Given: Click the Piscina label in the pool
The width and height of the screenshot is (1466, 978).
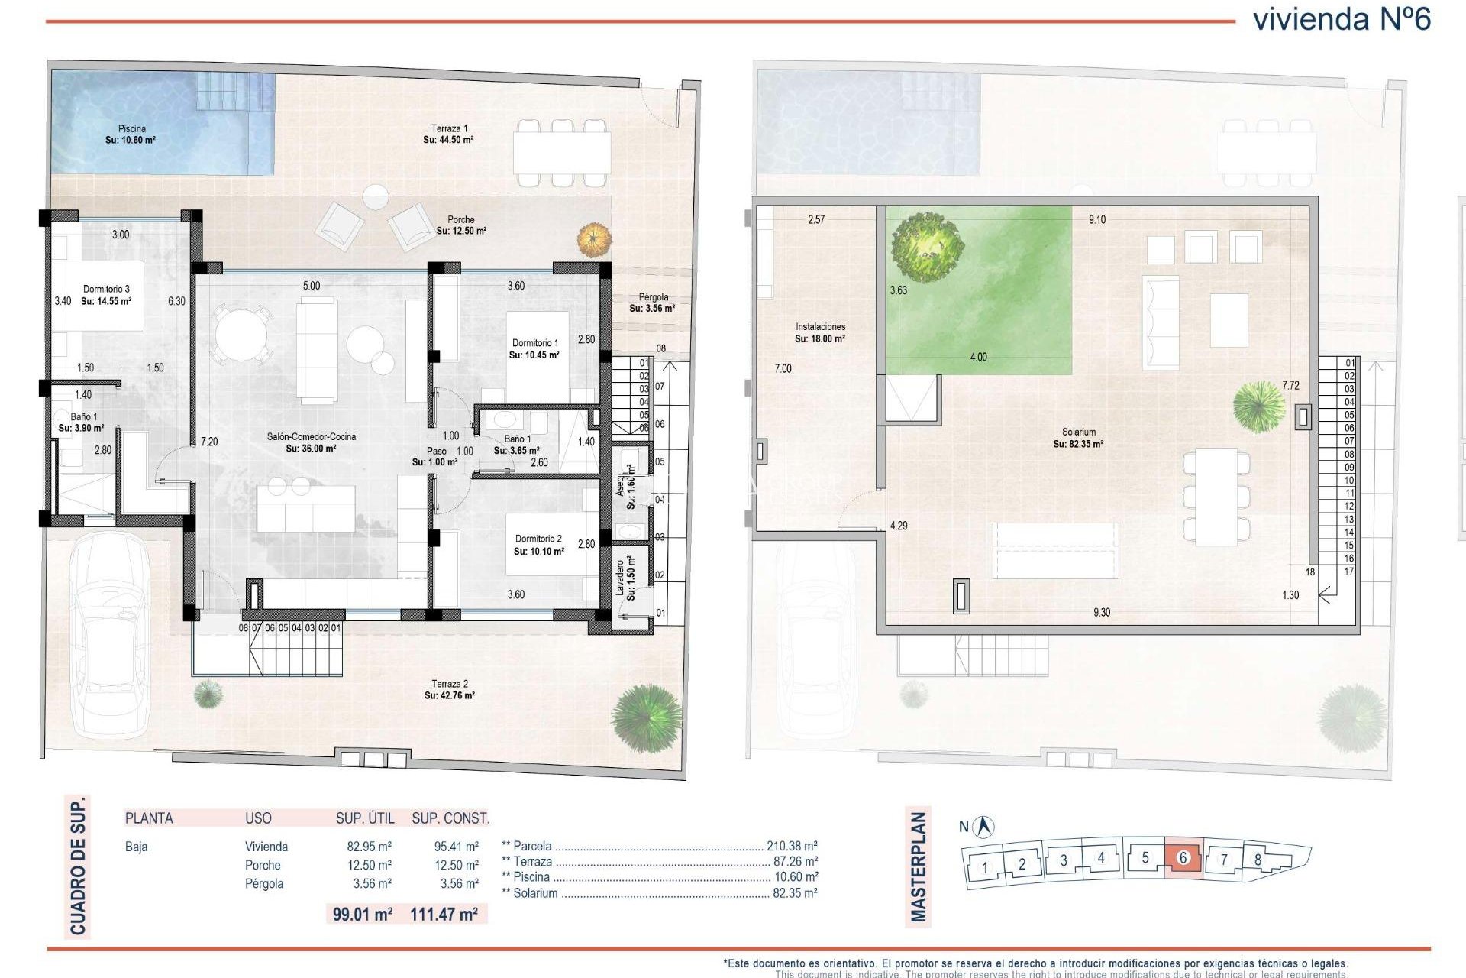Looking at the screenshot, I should click(x=131, y=129).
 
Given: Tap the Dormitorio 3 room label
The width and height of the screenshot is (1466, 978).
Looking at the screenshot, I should click(x=106, y=290).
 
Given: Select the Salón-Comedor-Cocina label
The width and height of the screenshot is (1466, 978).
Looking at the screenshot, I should click(x=311, y=437).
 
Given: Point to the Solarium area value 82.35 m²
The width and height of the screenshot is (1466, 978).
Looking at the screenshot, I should click(x=1078, y=444).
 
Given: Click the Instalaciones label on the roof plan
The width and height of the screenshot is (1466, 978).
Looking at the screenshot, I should click(x=820, y=327).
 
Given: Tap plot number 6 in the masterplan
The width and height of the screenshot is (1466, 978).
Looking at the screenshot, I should click(x=1183, y=857).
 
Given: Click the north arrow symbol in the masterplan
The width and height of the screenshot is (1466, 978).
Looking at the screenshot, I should click(x=985, y=826).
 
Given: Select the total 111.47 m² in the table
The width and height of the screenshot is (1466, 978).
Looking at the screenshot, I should click(x=444, y=914).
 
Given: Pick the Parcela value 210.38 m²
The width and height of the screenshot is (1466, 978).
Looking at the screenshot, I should click(x=792, y=846).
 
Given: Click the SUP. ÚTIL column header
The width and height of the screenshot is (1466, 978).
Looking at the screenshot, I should click(x=365, y=818).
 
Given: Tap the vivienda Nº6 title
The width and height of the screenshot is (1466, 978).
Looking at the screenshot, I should click(x=1342, y=19).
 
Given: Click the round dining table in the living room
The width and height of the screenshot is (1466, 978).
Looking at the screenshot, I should click(x=241, y=334).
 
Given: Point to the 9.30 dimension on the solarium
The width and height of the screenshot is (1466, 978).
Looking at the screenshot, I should click(x=1101, y=612).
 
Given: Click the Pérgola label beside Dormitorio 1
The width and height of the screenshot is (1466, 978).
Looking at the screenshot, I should click(x=653, y=297).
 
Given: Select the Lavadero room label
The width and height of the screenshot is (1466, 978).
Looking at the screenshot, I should click(x=620, y=578).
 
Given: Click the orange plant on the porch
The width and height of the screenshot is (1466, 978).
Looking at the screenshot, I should click(x=594, y=240).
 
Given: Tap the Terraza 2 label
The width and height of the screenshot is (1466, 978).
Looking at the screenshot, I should click(x=450, y=684).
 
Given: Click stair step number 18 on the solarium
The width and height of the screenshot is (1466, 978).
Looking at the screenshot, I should click(x=1310, y=572).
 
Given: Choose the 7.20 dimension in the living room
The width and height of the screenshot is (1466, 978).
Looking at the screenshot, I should click(x=209, y=442).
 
